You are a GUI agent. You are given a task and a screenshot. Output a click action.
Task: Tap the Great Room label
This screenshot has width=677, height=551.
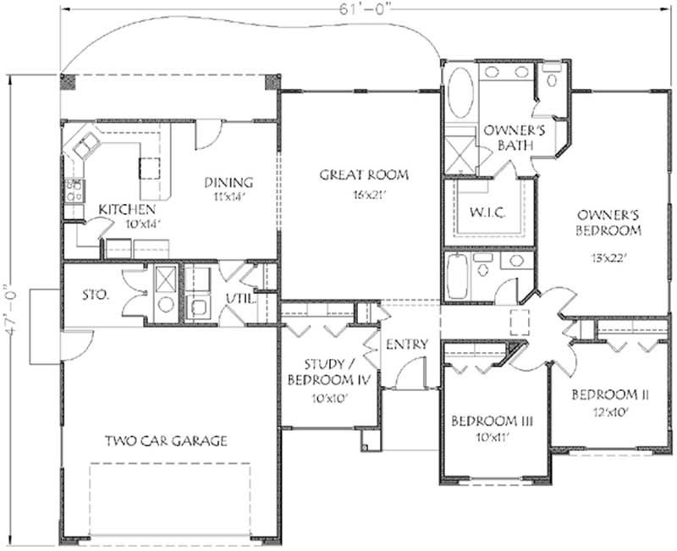(x=363, y=175)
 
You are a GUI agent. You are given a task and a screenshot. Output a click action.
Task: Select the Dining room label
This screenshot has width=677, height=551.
(x=228, y=182)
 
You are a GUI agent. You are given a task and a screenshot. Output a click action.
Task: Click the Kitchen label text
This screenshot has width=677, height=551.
(x=127, y=209)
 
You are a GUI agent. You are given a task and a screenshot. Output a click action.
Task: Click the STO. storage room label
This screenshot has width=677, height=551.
(x=95, y=295)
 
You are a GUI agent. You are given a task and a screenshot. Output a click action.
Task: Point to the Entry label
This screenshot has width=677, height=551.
(x=407, y=344)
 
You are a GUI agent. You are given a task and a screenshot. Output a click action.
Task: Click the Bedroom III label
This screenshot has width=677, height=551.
(x=485, y=421)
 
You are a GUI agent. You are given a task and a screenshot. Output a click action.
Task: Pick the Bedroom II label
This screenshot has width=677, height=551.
(x=609, y=394)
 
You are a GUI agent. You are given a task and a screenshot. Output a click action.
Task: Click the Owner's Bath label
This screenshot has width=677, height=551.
(x=507, y=138)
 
